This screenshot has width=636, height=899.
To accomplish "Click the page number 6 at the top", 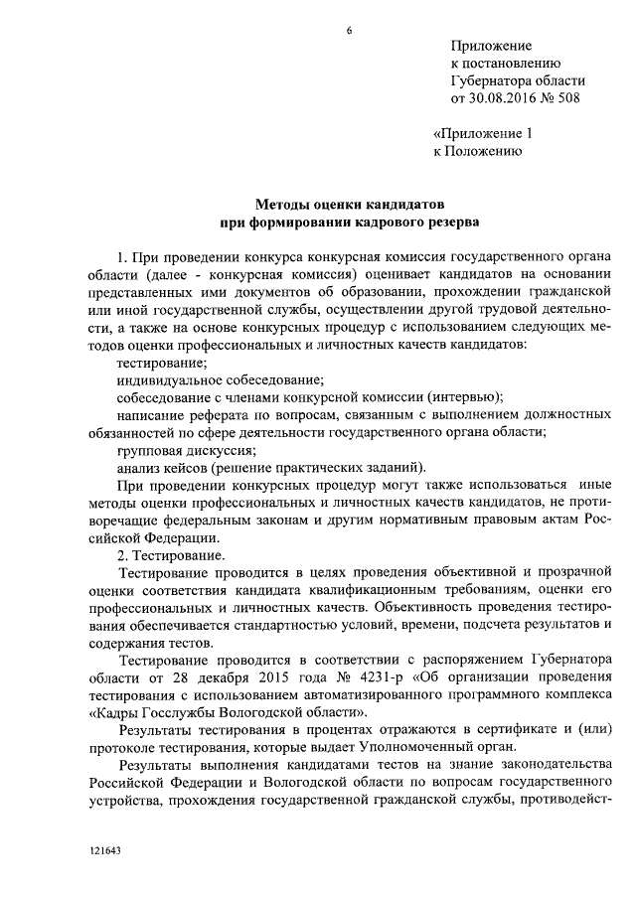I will pos(349,30).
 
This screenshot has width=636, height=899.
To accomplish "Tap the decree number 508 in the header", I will pos(564,98).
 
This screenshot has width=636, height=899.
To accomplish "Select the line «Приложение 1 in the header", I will pos(484,134).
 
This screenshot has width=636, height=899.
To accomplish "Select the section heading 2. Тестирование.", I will pos(171,556).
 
